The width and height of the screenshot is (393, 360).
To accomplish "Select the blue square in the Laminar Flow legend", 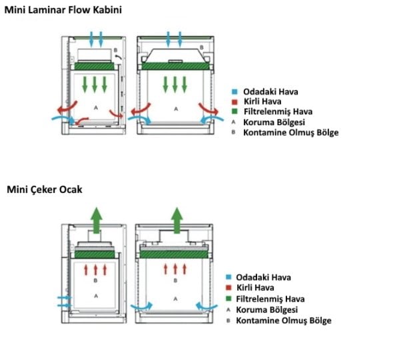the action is click(x=234, y=92).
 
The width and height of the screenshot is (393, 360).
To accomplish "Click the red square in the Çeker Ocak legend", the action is click(x=228, y=287).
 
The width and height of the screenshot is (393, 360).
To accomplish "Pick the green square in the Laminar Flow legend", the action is click(x=234, y=111).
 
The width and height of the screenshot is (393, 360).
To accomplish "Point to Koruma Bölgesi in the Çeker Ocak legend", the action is click(x=267, y=310).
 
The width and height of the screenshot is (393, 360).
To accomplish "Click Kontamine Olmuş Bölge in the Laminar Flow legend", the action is click(x=291, y=132).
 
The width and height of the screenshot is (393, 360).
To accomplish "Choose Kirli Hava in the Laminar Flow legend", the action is click(x=262, y=102).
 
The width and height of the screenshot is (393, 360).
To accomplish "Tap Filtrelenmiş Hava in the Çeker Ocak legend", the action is click(x=270, y=299).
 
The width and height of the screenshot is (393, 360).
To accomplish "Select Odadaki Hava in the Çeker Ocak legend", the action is click(x=263, y=277).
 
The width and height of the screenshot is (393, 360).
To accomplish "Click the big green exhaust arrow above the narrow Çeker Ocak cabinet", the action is click(x=97, y=220).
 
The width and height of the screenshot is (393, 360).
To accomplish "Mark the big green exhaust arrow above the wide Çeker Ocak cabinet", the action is click(x=177, y=220).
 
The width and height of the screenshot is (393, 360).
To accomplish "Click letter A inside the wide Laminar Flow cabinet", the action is click(x=176, y=109).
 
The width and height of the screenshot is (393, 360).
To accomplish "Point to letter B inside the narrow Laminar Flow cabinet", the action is click(x=115, y=51).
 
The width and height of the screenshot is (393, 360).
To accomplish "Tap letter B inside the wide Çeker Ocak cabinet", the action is click(x=175, y=281).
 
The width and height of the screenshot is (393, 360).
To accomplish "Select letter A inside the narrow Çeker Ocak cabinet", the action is click(x=96, y=296).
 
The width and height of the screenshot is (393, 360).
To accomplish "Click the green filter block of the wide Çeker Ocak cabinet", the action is click(x=174, y=255).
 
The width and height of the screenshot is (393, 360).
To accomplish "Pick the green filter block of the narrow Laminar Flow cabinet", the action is click(x=95, y=67).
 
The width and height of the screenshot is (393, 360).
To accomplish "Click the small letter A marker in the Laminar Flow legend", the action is click(x=233, y=122).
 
